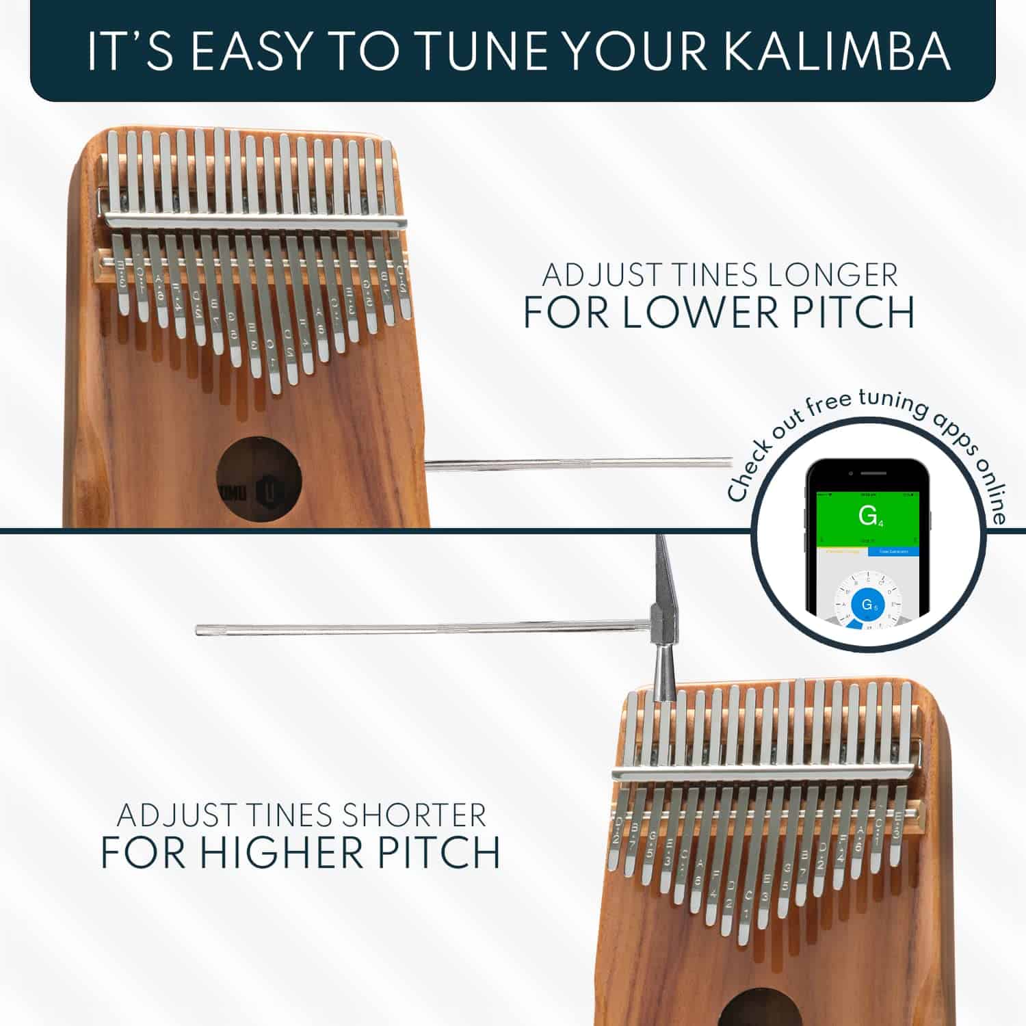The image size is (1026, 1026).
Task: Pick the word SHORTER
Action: (414, 815)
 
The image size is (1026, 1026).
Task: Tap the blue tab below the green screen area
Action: (893, 551)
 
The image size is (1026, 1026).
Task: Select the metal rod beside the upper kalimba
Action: (578, 464)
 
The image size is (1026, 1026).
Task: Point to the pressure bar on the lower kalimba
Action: (766, 773)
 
